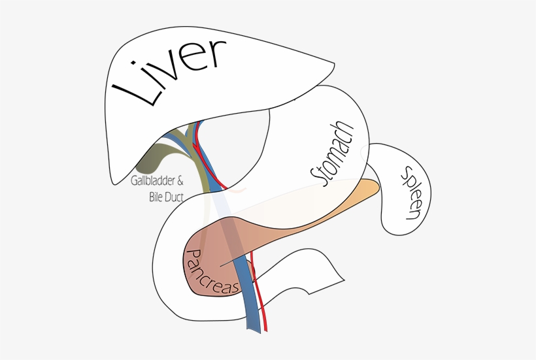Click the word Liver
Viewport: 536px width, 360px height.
169,73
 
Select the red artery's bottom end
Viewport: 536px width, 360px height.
267,329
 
